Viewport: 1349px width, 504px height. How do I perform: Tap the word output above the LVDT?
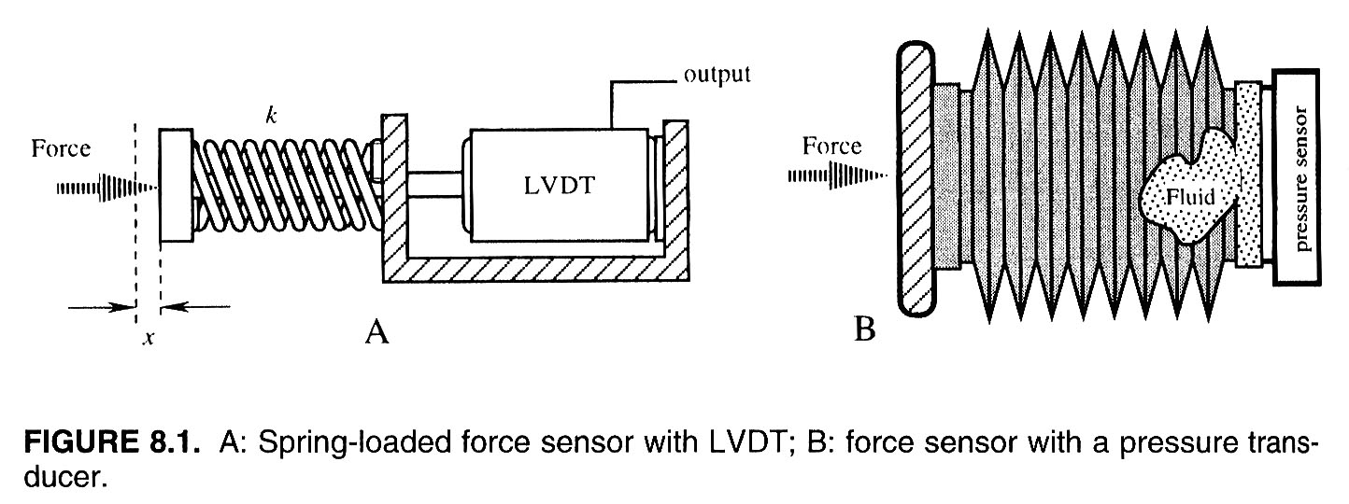717,75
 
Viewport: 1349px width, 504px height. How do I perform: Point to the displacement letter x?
148,339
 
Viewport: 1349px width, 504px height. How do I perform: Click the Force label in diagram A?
62,148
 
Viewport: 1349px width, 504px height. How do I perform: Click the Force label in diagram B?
831,146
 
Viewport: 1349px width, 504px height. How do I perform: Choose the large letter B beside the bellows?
865,329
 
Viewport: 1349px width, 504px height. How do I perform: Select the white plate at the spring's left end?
176,187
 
